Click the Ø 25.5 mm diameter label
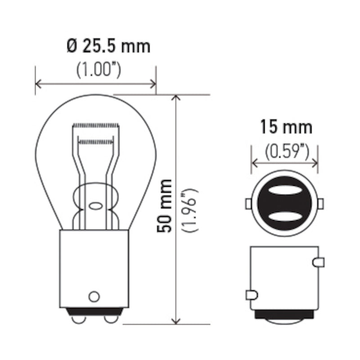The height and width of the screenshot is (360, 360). [x=108, y=47]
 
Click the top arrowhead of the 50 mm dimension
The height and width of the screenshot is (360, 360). [x=176, y=99]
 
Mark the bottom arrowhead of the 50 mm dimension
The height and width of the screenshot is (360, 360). [x=176, y=319]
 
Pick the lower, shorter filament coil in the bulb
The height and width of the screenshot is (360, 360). [x=95, y=142]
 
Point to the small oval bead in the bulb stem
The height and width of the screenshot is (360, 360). [x=95, y=206]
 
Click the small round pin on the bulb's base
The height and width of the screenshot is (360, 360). [x=94, y=297]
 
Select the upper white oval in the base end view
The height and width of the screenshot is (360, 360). [x=284, y=190]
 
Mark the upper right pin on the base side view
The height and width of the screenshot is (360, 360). [x=318, y=261]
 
